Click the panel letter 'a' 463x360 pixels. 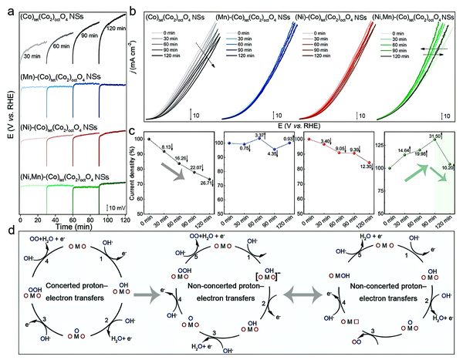[5, 7]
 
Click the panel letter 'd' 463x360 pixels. [5, 229]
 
